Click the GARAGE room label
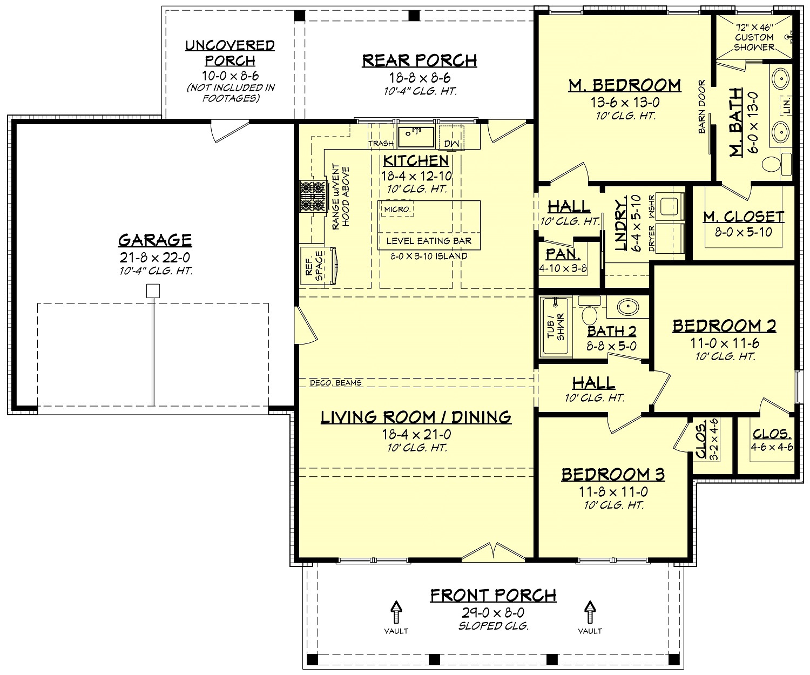point(154,239)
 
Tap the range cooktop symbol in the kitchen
point(314,196)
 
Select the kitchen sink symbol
point(416,137)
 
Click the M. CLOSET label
point(743,217)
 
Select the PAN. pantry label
point(563,254)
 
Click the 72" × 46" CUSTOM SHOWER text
point(754,37)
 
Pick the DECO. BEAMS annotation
point(335,383)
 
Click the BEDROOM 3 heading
point(612,474)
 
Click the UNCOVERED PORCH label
point(230,53)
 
